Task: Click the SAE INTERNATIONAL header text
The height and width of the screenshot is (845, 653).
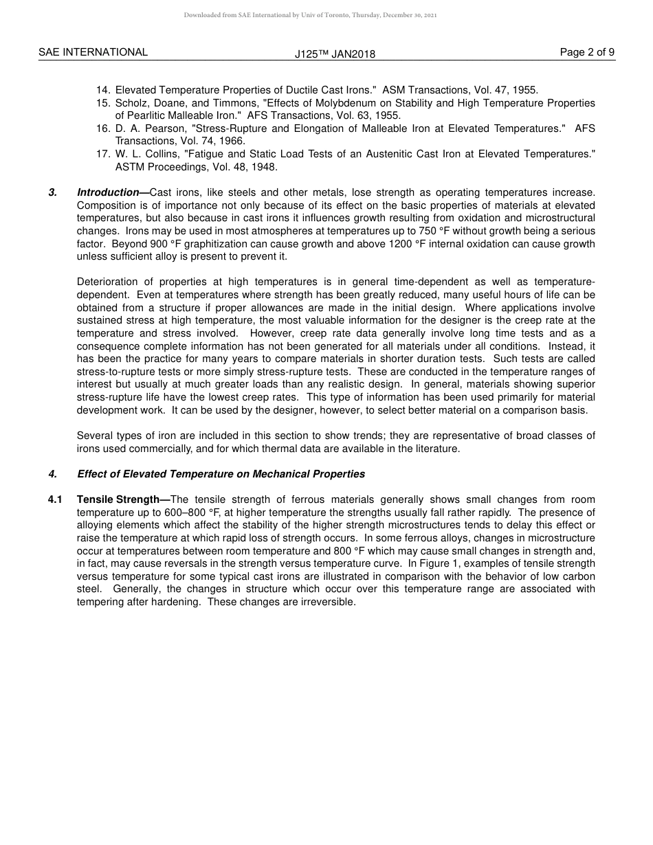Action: point(93,52)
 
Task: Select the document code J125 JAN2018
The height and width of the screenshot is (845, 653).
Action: point(335,54)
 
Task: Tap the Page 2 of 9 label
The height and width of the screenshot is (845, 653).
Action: point(587,52)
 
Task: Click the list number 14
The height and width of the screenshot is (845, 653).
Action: point(103,90)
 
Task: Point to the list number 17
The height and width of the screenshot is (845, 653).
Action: point(103,154)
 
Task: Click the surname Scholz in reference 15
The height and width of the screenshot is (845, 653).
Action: point(131,103)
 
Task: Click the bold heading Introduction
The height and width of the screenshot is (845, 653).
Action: point(109,192)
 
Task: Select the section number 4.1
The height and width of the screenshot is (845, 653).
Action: point(55,499)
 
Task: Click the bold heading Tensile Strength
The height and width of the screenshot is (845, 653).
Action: point(118,499)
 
